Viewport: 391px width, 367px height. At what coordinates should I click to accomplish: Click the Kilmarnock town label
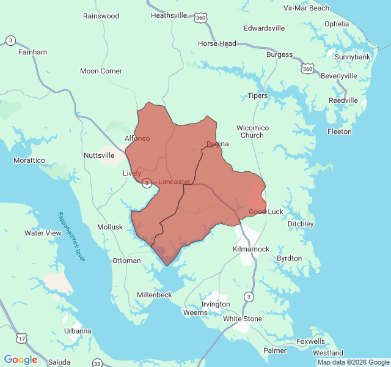[x=251, y=250]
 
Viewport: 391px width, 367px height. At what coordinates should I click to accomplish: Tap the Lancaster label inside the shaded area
[x=174, y=182]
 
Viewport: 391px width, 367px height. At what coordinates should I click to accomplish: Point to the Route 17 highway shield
[x=23, y=338]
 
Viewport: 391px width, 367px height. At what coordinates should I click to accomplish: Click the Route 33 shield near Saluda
[x=98, y=363]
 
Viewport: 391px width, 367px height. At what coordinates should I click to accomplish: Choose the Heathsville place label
[x=169, y=15]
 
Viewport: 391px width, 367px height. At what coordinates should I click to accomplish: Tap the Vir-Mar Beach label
[x=306, y=8]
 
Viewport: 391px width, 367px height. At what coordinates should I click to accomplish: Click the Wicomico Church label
[x=252, y=132]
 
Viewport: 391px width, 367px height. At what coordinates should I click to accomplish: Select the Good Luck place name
[x=266, y=212]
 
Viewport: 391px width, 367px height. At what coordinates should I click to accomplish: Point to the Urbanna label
[x=78, y=331]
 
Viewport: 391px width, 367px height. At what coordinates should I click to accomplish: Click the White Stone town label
[x=243, y=319]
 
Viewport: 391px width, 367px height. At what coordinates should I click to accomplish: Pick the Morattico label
[x=29, y=160]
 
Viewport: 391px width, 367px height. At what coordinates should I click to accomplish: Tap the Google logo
[x=21, y=359]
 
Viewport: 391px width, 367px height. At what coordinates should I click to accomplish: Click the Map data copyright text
[x=353, y=362]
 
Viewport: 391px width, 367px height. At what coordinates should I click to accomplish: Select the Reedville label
[x=343, y=100]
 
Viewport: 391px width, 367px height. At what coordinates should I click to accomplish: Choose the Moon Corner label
[x=101, y=71]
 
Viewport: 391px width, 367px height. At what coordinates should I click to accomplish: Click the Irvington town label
[x=216, y=304]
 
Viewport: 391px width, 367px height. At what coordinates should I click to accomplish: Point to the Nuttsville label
[x=99, y=155]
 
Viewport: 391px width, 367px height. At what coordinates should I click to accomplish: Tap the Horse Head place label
[x=217, y=43]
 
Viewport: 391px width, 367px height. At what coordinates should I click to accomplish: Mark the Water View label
[x=43, y=233]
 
